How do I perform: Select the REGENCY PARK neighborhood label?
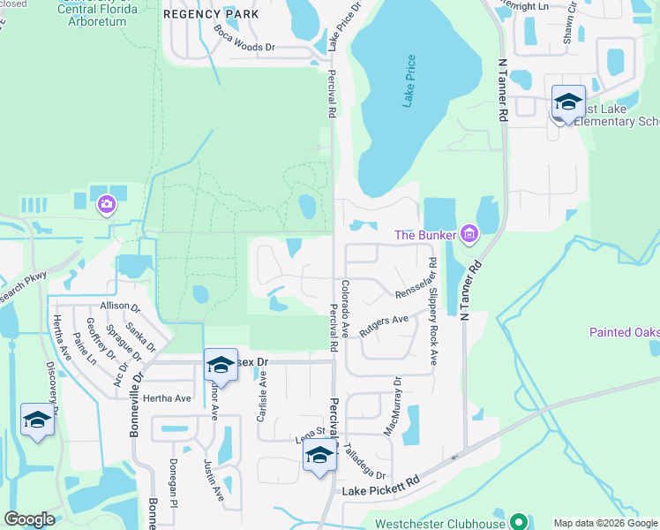(212, 13)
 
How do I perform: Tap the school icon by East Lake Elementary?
(568, 102)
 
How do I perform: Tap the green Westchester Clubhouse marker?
(520, 522)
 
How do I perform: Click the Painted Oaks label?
(625, 332)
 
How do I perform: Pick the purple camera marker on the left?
(107, 204)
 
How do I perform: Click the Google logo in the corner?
(28, 519)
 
